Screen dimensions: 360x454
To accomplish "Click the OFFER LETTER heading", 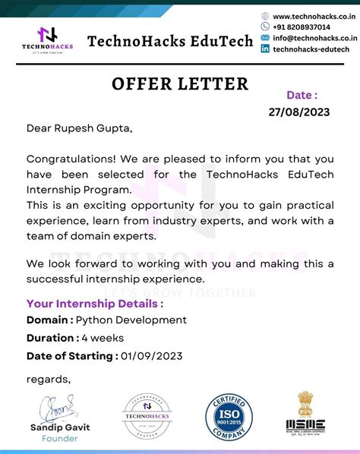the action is (180, 83).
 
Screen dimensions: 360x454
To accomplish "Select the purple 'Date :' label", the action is (302, 95).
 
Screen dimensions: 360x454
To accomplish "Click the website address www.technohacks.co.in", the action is (311, 16).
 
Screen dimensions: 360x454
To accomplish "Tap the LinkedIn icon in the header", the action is (265, 49).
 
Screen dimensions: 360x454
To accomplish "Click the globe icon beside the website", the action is (265, 16).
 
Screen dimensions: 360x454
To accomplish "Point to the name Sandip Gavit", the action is (60, 427).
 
